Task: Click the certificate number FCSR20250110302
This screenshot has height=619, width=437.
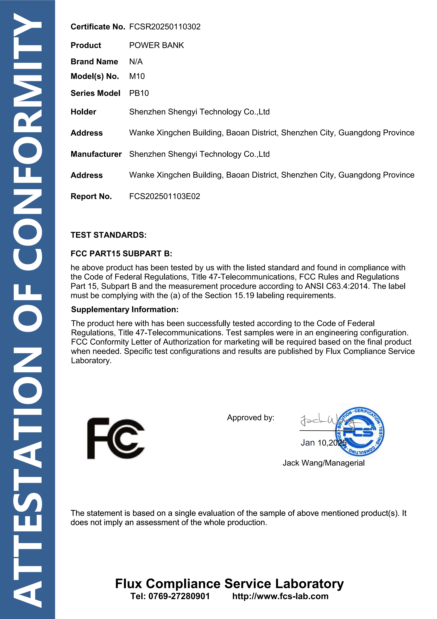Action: (165, 27)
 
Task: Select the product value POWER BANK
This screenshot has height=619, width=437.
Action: (156, 45)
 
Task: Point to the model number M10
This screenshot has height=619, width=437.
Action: (137, 76)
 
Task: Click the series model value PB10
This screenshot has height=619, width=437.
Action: (139, 93)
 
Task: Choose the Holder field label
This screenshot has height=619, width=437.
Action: (83, 112)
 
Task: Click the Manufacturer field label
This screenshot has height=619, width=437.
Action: (96, 154)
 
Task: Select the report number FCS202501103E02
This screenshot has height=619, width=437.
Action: (164, 196)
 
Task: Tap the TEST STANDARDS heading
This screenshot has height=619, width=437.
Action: (108, 235)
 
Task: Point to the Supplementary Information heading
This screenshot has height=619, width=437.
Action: (125, 309)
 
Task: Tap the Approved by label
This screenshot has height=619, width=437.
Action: (250, 418)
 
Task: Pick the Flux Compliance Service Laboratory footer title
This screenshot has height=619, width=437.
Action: (229, 584)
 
